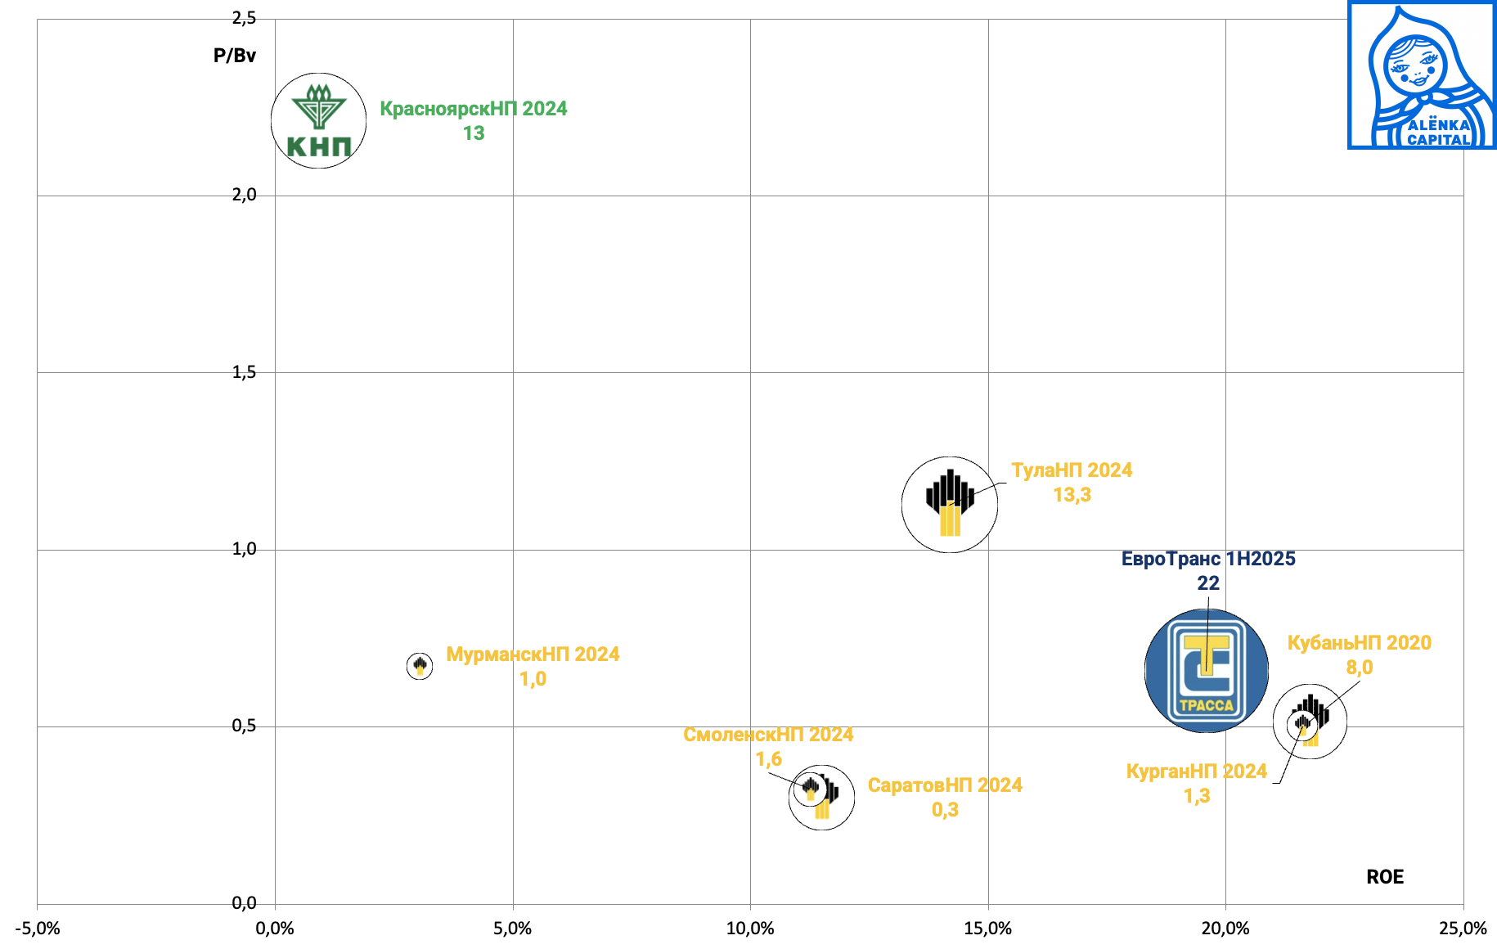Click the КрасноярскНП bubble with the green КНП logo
pyautogui.click(x=318, y=121)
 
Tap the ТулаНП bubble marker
pyautogui.click(x=949, y=504)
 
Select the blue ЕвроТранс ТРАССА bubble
pyautogui.click(x=1206, y=670)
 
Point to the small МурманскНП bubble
pyautogui.click(x=420, y=666)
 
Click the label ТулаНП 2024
pyautogui.click(x=1072, y=470)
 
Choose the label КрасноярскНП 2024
pyautogui.click(x=473, y=109)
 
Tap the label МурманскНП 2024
pyautogui.click(x=533, y=654)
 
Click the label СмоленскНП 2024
pyautogui.click(x=768, y=735)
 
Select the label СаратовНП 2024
pyautogui.click(x=945, y=785)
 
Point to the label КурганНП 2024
pyautogui.click(x=1196, y=771)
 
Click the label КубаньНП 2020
pyautogui.click(x=1359, y=643)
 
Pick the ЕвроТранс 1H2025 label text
pyautogui.click(x=1207, y=559)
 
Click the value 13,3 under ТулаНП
pyautogui.click(x=1072, y=495)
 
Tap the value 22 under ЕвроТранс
pyautogui.click(x=1207, y=583)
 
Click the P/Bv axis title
pyautogui.click(x=235, y=56)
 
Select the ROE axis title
pyautogui.click(x=1384, y=877)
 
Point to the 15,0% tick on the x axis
pyautogui.click(x=987, y=929)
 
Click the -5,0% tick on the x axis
pyautogui.click(x=38, y=929)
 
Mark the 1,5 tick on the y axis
pyautogui.click(x=244, y=372)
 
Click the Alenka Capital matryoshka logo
pyautogui.click(x=1422, y=75)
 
